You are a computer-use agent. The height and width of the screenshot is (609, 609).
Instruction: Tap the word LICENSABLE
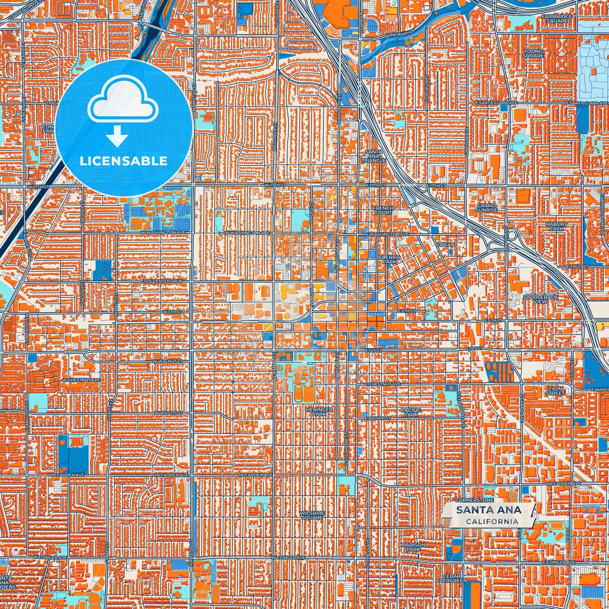[x=123, y=161]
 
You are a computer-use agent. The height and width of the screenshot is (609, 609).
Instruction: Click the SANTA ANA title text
[x=488, y=510]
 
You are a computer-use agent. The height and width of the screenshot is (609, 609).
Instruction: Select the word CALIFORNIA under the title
[x=492, y=521]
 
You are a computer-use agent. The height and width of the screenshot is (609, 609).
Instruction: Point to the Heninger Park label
[x=319, y=412]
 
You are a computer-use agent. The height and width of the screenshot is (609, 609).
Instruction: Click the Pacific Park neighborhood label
[x=411, y=412]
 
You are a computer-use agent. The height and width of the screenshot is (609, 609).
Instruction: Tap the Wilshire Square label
[x=312, y=515]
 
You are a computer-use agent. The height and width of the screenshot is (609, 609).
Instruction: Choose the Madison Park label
[x=413, y=547]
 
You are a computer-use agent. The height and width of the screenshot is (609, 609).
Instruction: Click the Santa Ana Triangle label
[x=373, y=156]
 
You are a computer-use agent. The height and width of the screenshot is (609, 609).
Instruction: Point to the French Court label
[x=383, y=210]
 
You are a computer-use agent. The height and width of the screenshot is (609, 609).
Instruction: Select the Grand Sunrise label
[x=486, y=207]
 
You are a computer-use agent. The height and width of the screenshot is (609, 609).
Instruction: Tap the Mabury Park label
[x=556, y=226]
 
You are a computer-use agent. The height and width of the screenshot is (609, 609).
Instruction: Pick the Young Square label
[x=533, y=53]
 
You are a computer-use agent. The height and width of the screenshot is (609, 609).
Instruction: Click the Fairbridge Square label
[x=557, y=19]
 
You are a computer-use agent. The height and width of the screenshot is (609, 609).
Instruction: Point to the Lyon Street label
[x=555, y=391]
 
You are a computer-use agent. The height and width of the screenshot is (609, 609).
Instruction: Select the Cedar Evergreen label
[x=454, y=578]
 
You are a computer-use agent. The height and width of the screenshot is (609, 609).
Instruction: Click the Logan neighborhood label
[x=445, y=244]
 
